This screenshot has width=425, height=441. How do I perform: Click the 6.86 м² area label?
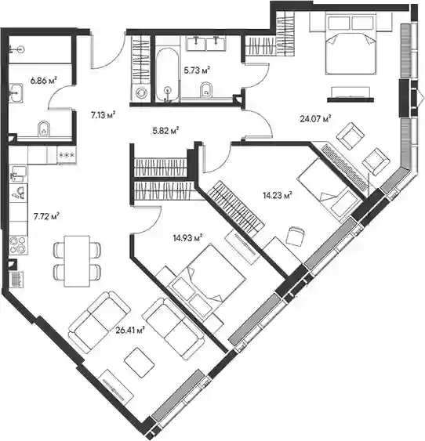click(x=44, y=81)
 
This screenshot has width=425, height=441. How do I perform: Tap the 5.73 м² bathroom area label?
click(x=198, y=70)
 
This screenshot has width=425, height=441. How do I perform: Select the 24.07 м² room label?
click(x=315, y=119)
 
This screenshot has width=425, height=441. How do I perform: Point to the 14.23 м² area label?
click(x=278, y=195)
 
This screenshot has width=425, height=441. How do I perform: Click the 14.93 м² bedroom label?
click(x=188, y=238)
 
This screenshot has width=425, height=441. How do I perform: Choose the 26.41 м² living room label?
click(x=130, y=330)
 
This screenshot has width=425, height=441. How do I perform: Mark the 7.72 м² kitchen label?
click(x=46, y=216)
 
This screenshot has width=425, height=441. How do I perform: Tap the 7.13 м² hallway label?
click(x=104, y=115)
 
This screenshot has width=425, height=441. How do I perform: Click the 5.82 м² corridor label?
click(x=165, y=131)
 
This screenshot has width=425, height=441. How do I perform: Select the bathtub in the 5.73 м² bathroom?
click(x=167, y=75)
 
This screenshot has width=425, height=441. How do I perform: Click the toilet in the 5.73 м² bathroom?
click(x=206, y=89)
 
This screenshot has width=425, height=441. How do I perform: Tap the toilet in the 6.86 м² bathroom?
click(x=44, y=128)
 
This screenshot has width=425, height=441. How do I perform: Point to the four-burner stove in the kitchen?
click(x=18, y=245)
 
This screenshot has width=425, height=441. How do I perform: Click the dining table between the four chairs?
click(x=77, y=262)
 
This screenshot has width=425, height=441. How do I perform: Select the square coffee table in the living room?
click(x=140, y=363)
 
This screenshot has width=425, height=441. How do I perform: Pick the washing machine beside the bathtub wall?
click(x=140, y=92)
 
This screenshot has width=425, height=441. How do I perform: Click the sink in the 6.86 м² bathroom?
click(x=16, y=92)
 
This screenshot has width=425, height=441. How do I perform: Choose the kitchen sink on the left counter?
click(x=19, y=174)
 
